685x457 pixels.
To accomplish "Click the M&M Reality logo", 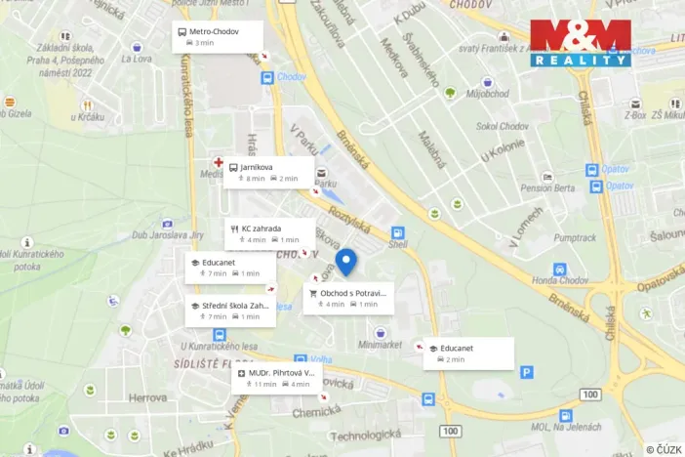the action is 581,44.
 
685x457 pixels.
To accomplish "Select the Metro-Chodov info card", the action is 217,37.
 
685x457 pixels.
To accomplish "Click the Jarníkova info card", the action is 269,173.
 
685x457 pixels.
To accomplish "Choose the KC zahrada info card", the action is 269,233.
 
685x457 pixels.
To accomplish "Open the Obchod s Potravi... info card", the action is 348,298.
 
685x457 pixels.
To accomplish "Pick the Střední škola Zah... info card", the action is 229,311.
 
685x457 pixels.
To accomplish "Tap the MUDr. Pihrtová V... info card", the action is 276,378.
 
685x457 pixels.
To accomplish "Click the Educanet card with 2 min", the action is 468,353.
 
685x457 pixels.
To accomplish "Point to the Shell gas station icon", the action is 398,233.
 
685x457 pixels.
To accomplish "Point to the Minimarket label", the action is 380,345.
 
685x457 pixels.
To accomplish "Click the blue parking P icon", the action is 527,372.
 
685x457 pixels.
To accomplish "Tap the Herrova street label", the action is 147,398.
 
